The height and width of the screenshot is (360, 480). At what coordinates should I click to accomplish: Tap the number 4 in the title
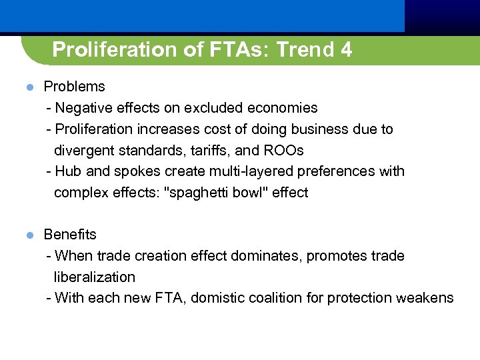click(346, 50)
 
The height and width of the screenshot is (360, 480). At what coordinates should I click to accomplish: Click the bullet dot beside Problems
click(29, 87)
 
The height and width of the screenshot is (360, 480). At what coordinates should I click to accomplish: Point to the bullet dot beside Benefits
click(29, 235)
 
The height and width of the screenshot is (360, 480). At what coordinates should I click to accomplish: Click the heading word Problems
click(74, 87)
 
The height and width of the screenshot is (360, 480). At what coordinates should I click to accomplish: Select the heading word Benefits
click(70, 235)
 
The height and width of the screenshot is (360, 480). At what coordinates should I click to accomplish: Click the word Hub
click(69, 171)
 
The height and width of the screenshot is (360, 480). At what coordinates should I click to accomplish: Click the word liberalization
click(95, 277)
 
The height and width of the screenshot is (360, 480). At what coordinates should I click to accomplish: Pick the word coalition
click(281, 298)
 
